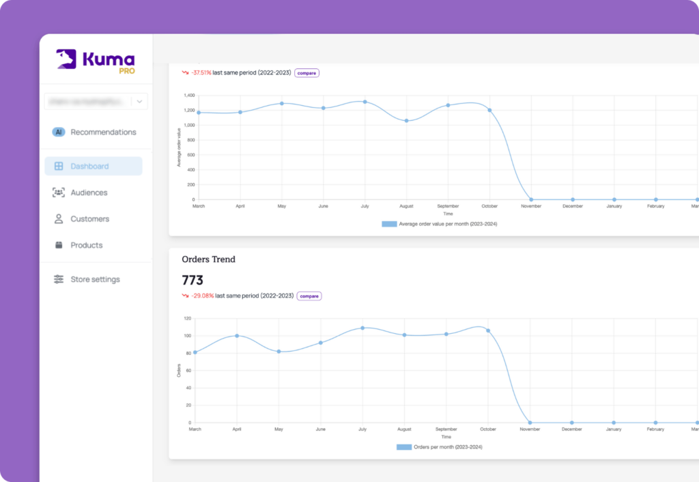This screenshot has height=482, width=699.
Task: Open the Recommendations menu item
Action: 103,132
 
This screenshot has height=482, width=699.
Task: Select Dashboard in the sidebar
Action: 89,166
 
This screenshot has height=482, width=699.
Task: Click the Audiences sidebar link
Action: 89,193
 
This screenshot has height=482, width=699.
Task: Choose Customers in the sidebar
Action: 89,219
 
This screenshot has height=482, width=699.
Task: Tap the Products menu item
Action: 86,245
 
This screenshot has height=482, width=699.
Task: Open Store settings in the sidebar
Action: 95,279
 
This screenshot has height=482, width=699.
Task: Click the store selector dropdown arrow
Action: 139,102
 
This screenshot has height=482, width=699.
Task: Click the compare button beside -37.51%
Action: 306,73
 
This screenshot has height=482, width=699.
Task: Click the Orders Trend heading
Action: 208,259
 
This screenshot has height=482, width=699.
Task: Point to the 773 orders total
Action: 192,280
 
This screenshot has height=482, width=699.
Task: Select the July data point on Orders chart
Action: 362,328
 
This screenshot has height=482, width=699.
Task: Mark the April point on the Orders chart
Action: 237,336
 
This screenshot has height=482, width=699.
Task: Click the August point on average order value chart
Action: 406,121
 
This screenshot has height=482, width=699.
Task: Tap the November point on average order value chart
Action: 531,199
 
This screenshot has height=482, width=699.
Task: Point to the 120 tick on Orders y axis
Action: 187,318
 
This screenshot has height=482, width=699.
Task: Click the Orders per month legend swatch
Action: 404,447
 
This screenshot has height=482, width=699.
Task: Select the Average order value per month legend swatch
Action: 389,224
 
